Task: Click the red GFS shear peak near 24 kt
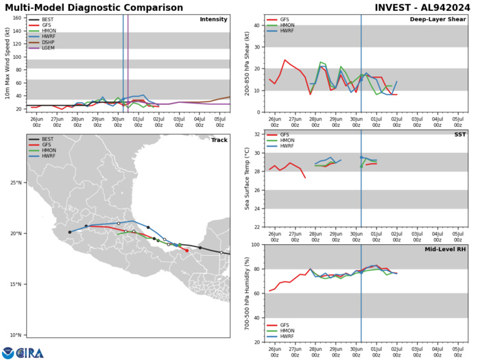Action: [x=285, y=60]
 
